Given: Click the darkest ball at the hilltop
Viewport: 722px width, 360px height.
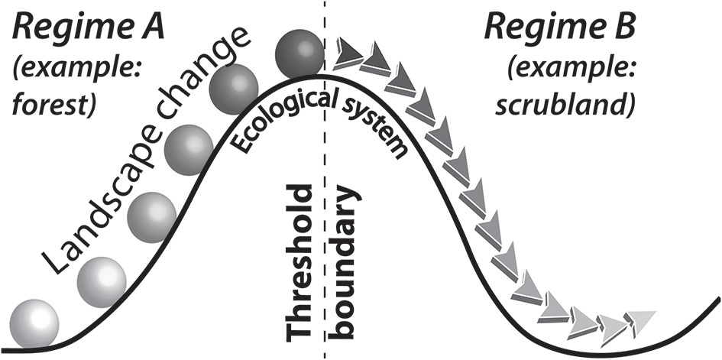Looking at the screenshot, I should pos(298,53).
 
